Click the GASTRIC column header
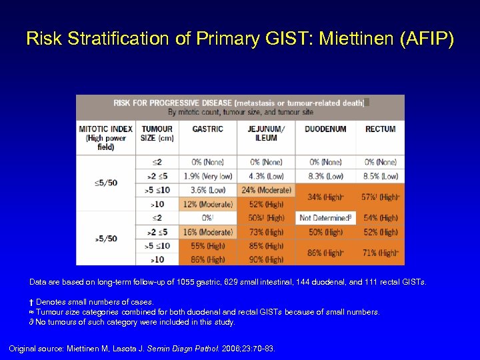click(207, 129)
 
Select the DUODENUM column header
click(325, 129)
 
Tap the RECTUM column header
click(381, 129)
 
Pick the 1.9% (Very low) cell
click(207, 176)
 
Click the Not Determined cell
click(325, 218)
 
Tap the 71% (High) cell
click(381, 253)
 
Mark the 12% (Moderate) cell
click(207, 204)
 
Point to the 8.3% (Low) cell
click(325, 176)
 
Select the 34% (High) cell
click(325, 197)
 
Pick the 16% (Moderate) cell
click(207, 232)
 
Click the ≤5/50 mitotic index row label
click(105, 183)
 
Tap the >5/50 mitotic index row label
click(105, 239)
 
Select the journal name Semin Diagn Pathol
click(182, 348)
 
